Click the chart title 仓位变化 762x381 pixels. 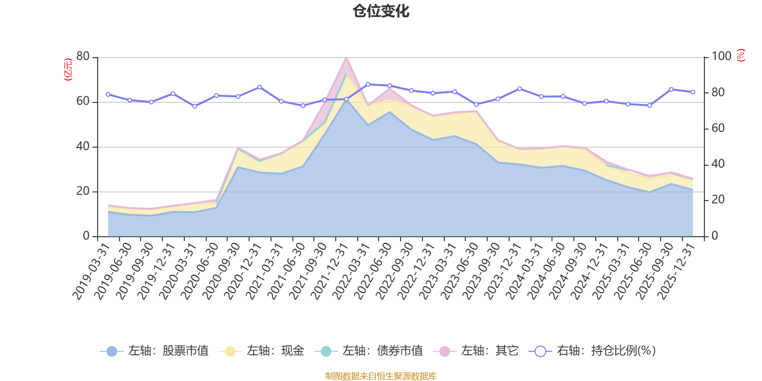click(381, 11)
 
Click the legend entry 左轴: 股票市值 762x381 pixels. click(155, 351)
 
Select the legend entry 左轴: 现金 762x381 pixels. click(261, 351)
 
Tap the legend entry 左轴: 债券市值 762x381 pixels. click(369, 351)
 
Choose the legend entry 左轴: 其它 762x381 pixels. click(476, 351)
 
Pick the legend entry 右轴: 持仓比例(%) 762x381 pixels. click(593, 351)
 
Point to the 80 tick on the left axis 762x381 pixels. click(83, 57)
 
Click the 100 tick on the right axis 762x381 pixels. click(721, 57)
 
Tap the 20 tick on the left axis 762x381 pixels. click(83, 191)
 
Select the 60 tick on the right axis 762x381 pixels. click(718, 128)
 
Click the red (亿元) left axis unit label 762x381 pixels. click(68, 70)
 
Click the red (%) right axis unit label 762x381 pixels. click(741, 55)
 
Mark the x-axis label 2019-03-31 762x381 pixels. click(91, 271)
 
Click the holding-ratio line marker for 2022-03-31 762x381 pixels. click(368, 84)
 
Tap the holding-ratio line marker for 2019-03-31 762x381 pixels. click(108, 94)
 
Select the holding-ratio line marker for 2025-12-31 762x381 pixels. click(693, 92)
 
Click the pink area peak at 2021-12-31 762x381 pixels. click(346, 59)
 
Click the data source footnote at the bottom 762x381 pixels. click(381, 376)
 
